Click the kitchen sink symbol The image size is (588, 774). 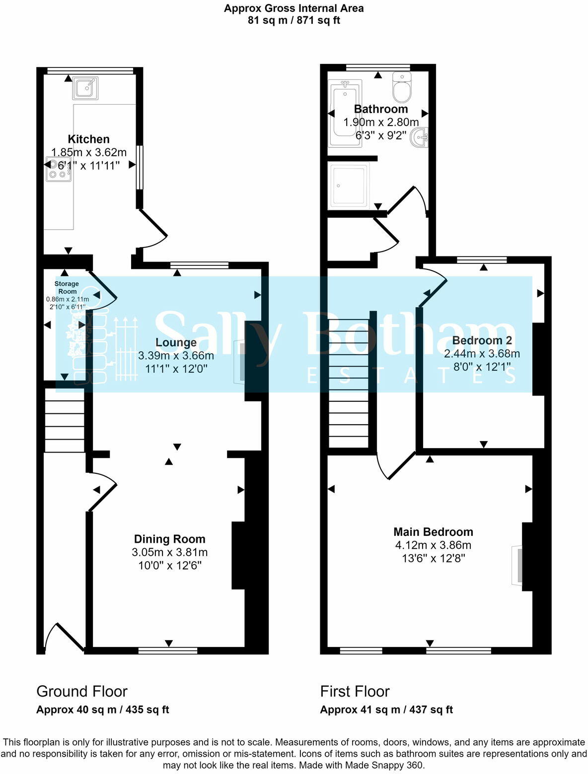pyautogui.click(x=85, y=88)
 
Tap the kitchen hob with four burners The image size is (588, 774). pyautogui.click(x=58, y=169)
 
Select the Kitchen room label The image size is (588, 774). pyautogui.click(x=88, y=139)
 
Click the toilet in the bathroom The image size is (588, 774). pyautogui.click(x=401, y=87)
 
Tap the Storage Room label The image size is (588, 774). pyautogui.click(x=67, y=288)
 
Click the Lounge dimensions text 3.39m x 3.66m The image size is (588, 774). pyautogui.click(x=176, y=356)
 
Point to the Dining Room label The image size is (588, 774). pyautogui.click(x=169, y=539)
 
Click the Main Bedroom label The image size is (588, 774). pyautogui.click(x=433, y=532)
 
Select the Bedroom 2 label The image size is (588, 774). pyautogui.click(x=482, y=340)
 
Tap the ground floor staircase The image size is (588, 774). pyautogui.click(x=65, y=420)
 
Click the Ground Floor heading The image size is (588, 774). pyautogui.click(x=82, y=691)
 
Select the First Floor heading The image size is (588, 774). pyautogui.click(x=355, y=691)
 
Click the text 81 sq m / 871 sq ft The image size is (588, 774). pyautogui.click(x=294, y=20)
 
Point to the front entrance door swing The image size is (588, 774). pyautogui.click(x=62, y=637)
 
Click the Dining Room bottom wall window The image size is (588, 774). pyautogui.click(x=168, y=650)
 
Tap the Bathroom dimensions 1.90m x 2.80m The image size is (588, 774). pyautogui.click(x=381, y=122)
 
